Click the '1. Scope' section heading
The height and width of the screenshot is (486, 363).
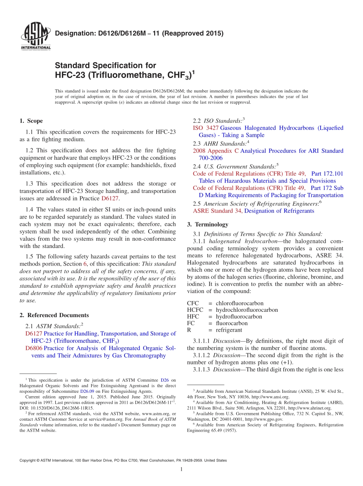click(31, 121)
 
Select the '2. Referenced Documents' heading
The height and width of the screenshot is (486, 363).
click(54, 315)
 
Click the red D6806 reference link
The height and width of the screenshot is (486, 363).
click(34, 348)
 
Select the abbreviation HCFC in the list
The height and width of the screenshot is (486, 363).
click(195, 310)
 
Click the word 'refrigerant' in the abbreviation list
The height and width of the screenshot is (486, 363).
click(229, 330)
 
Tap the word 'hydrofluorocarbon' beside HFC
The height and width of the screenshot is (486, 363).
click(239, 317)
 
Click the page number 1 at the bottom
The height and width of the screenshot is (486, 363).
click(181, 470)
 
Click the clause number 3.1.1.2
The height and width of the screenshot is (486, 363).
click(202, 355)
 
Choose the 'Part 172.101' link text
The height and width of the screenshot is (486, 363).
click(327, 173)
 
